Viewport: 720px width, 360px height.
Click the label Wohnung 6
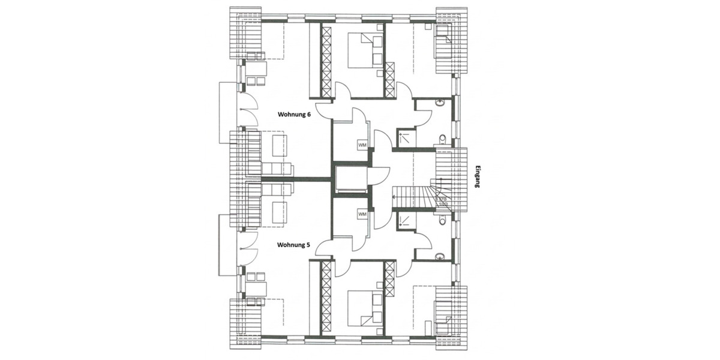pyautogui.click(x=293, y=114)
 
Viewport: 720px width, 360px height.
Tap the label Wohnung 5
pyautogui.click(x=293, y=245)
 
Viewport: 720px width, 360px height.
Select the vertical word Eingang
pyautogui.click(x=478, y=177)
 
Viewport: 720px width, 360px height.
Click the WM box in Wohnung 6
pyautogui.click(x=362, y=145)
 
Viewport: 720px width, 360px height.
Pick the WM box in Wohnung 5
pyautogui.click(x=362, y=214)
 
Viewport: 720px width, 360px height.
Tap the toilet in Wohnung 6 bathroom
pyautogui.click(x=443, y=140)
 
